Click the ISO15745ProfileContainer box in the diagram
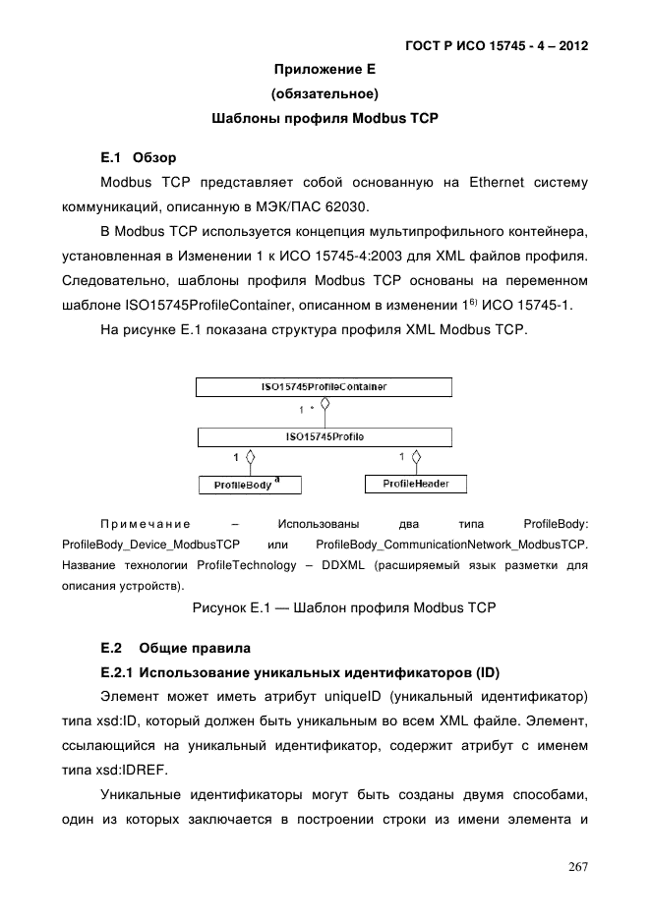point(325,387)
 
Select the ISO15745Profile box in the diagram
point(325,435)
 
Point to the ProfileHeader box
point(416,484)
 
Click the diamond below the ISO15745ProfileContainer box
point(325,404)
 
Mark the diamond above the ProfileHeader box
point(417,457)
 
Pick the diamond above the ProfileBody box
point(250,457)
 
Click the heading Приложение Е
point(325,70)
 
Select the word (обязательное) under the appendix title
point(325,94)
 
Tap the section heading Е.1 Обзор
point(139,157)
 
